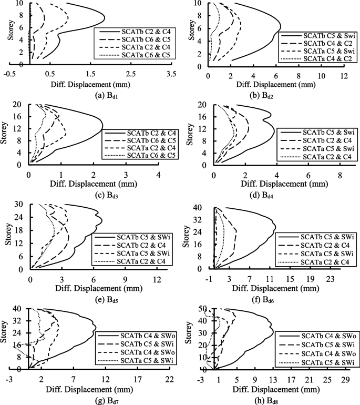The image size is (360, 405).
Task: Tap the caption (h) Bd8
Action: pyautogui.click(x=273, y=401)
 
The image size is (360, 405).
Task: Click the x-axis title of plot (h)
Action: pyautogui.click(x=273, y=390)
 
